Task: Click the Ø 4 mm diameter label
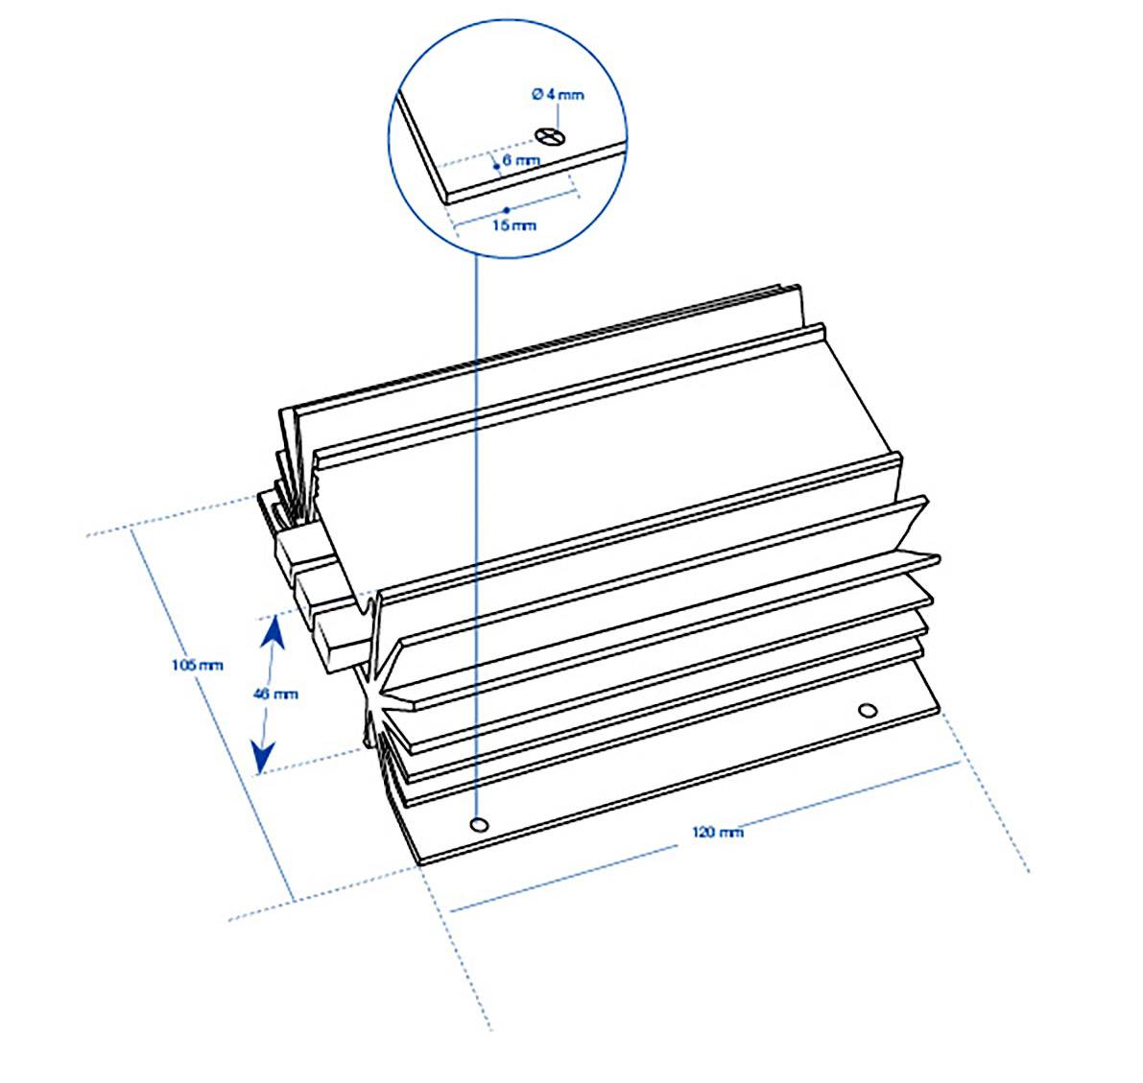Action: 557,94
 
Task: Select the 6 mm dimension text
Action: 521,160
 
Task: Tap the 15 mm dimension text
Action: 513,225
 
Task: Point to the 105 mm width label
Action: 196,664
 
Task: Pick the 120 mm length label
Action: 718,832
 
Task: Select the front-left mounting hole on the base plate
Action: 478,824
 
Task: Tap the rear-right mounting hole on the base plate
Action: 868,710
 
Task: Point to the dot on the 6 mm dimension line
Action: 496,165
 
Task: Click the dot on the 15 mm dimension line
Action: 506,208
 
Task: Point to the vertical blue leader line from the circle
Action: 477,528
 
